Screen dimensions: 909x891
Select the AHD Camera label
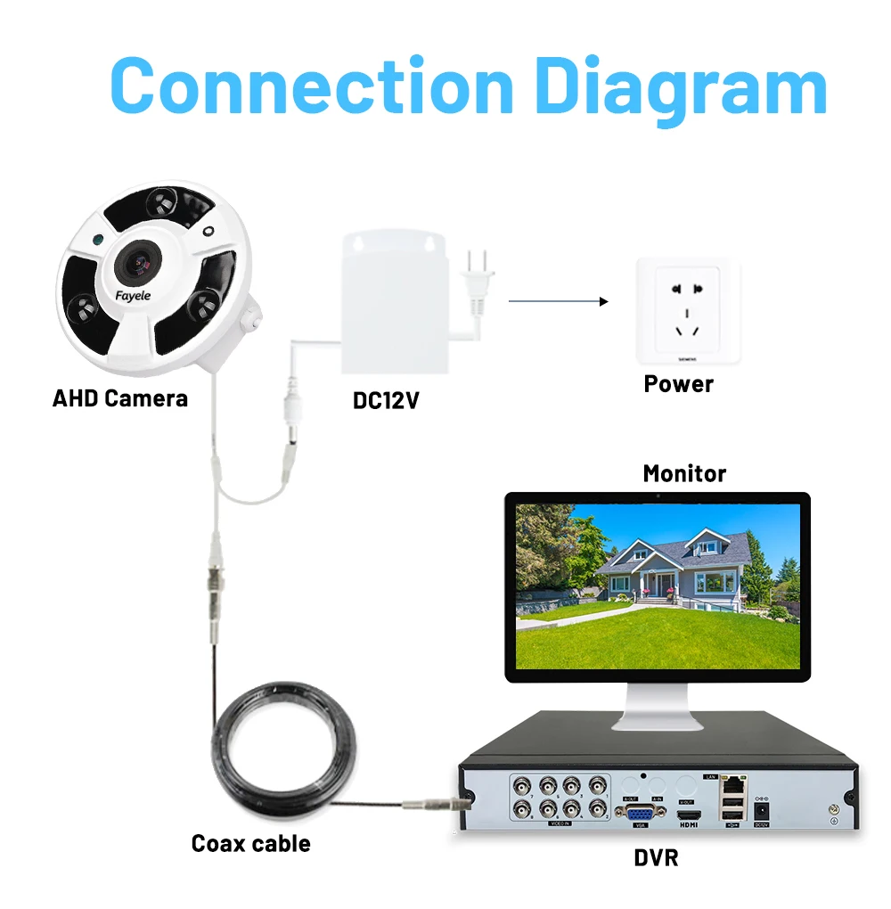click(120, 397)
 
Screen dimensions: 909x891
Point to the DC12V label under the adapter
click(386, 401)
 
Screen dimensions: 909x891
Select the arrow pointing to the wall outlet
click(558, 301)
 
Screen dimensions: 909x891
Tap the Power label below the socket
click(679, 384)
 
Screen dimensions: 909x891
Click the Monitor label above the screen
click(684, 473)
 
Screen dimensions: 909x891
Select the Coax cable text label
click(251, 843)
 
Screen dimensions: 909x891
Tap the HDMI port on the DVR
click(688, 815)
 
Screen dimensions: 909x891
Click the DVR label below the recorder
click(656, 857)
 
